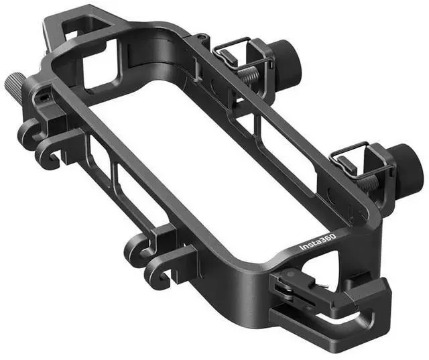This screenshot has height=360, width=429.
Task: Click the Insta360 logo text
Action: [x=318, y=242]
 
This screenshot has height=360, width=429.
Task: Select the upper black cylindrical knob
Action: [x=287, y=60]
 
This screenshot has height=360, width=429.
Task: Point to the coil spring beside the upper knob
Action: [x=249, y=74]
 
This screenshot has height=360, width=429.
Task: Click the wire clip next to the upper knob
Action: [x=241, y=54]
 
